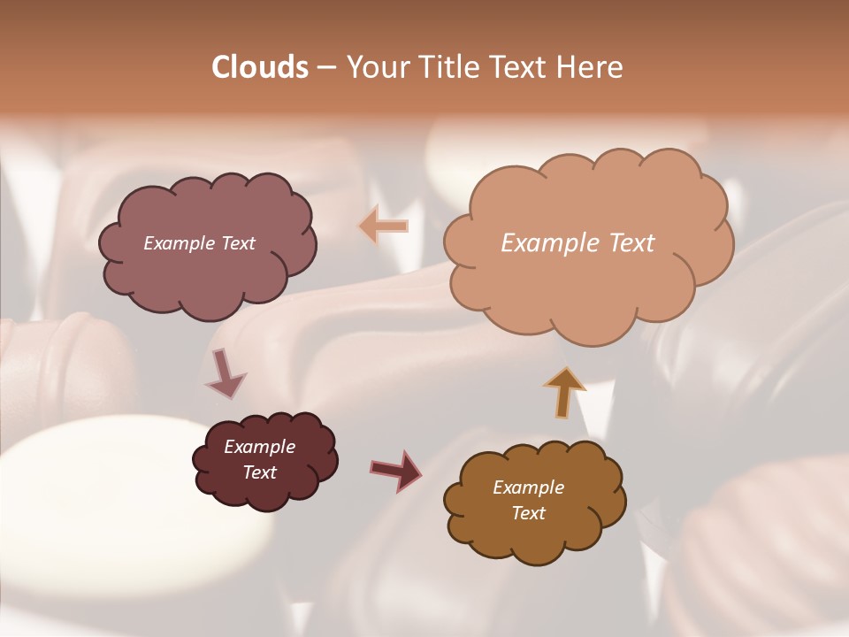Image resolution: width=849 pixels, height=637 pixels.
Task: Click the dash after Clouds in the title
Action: pos(325,68)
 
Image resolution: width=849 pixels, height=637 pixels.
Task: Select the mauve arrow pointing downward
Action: pos(225,373)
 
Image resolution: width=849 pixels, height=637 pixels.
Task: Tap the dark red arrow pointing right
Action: pos(397,470)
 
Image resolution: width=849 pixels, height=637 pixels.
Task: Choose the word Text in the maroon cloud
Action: pos(260,472)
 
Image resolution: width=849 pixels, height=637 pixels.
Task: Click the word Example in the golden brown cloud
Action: pos(528,487)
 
